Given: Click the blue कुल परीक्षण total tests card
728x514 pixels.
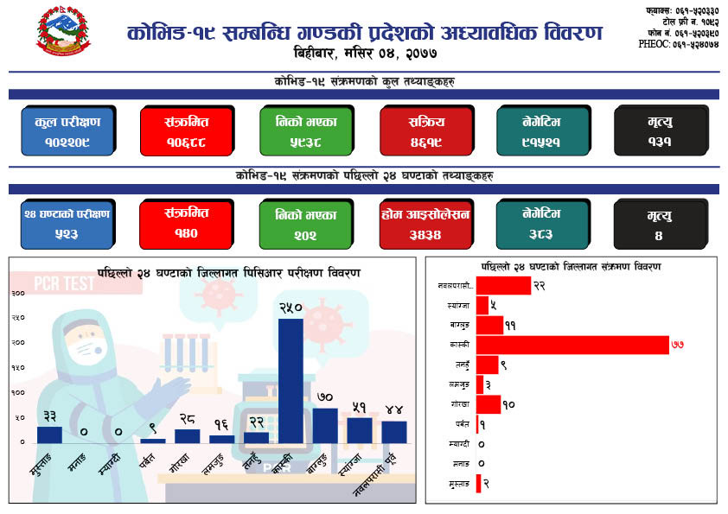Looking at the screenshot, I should pos(68,130).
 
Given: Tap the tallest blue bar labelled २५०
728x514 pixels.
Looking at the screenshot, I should pos(291,380).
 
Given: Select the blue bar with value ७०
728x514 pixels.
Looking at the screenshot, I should pos(325,424).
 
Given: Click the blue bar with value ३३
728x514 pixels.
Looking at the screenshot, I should pos(49,434).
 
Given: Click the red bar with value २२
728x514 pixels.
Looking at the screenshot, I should pos(503,285).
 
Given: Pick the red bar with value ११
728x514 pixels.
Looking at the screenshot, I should pos(489,325).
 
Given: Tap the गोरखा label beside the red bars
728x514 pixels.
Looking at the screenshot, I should pos(459,404).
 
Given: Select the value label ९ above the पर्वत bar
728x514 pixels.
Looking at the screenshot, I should pos(153,426).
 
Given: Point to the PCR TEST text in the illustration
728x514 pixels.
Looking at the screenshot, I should pos(65,282).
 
